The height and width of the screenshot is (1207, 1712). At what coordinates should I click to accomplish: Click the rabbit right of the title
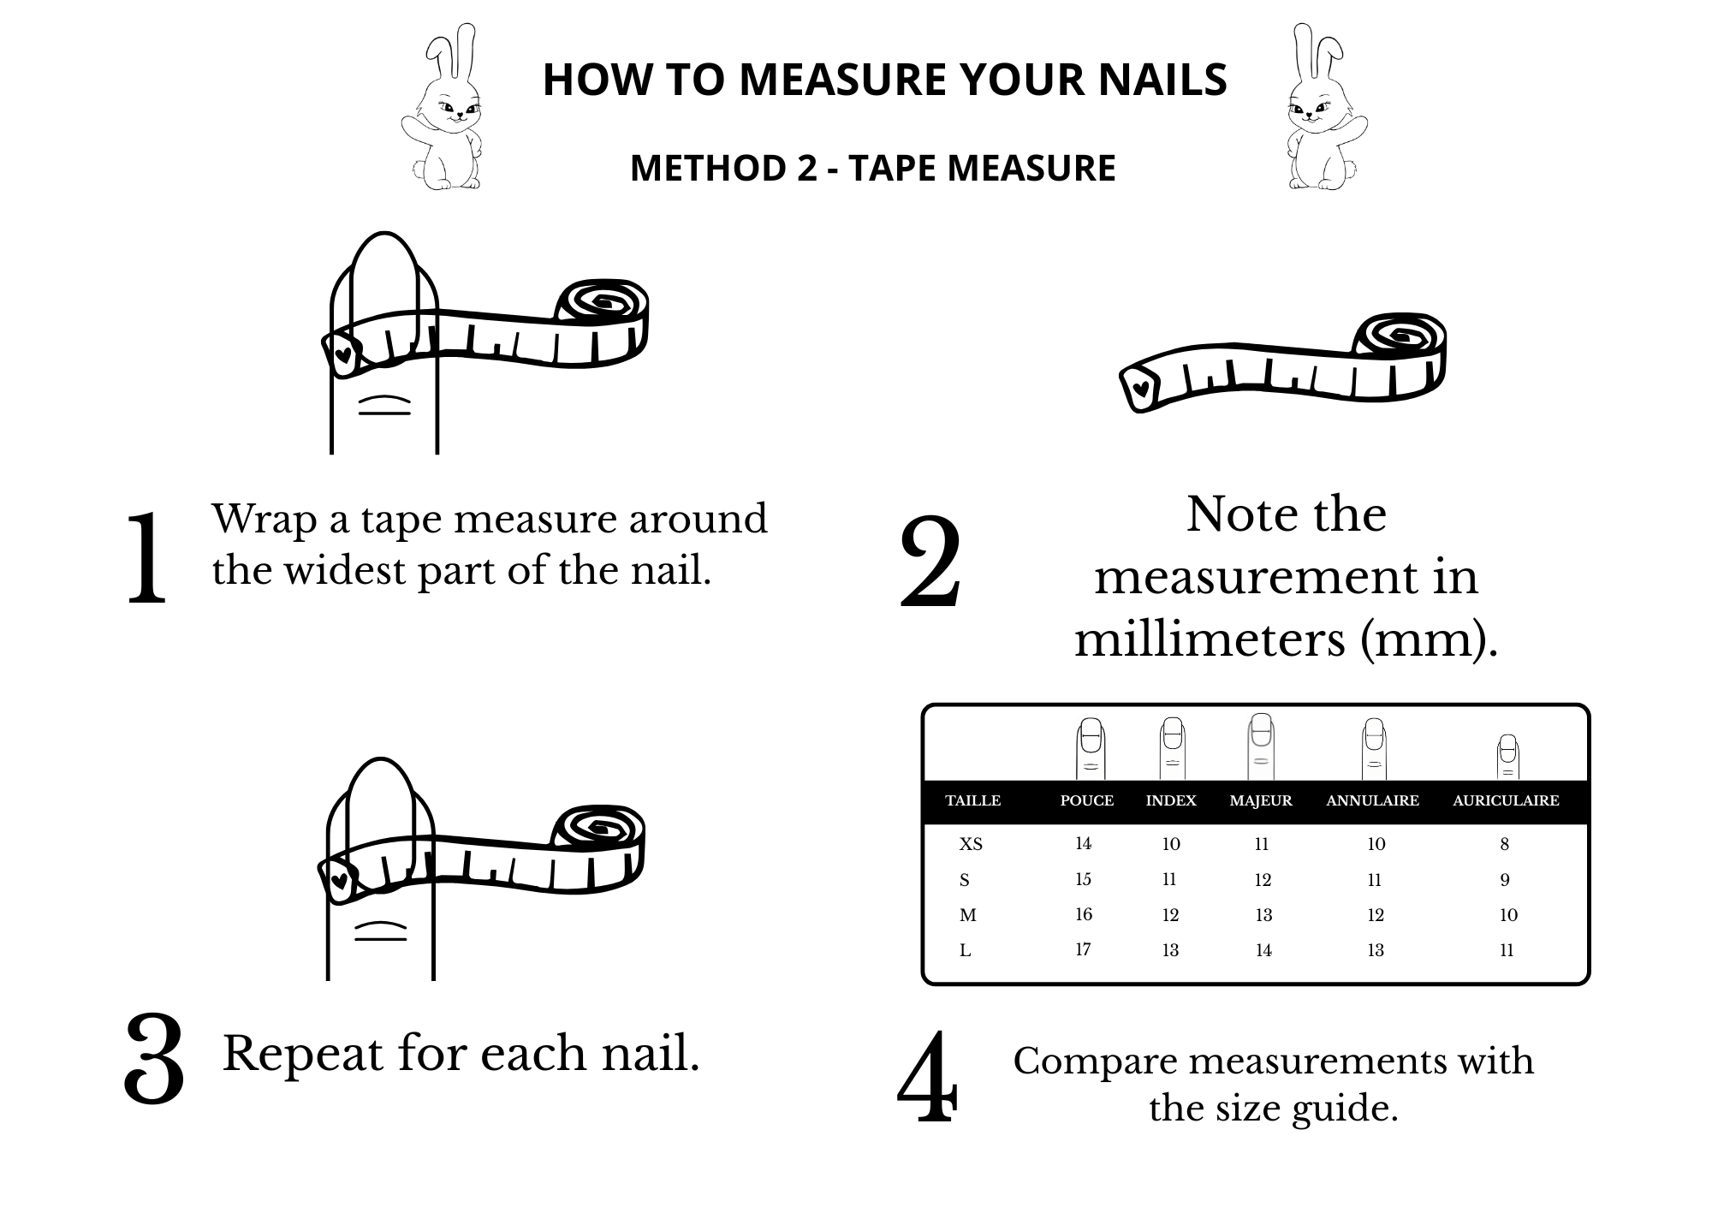coord(1327,107)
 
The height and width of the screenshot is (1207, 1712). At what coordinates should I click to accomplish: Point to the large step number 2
coord(930,562)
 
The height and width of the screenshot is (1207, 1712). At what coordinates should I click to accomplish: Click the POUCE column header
coord(1086,801)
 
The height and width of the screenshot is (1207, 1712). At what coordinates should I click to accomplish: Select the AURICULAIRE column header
coord(1506,801)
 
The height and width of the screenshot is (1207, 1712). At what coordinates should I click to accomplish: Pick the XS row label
coord(971,845)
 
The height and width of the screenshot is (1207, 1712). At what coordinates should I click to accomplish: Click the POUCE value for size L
coord(1083,949)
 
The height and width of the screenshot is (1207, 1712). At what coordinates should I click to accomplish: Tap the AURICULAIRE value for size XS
coord(1505,844)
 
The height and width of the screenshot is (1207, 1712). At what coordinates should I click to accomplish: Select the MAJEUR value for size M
coord(1263,915)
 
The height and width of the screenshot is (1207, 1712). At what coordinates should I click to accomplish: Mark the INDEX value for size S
coord(1169,879)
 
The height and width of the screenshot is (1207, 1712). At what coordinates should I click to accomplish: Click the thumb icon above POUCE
coord(1090,749)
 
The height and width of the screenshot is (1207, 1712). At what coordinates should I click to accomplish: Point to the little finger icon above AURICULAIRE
coord(1507,757)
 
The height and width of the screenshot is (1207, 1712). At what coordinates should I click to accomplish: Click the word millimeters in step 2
coord(1210,639)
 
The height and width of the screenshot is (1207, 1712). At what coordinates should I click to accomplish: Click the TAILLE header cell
coord(972,801)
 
